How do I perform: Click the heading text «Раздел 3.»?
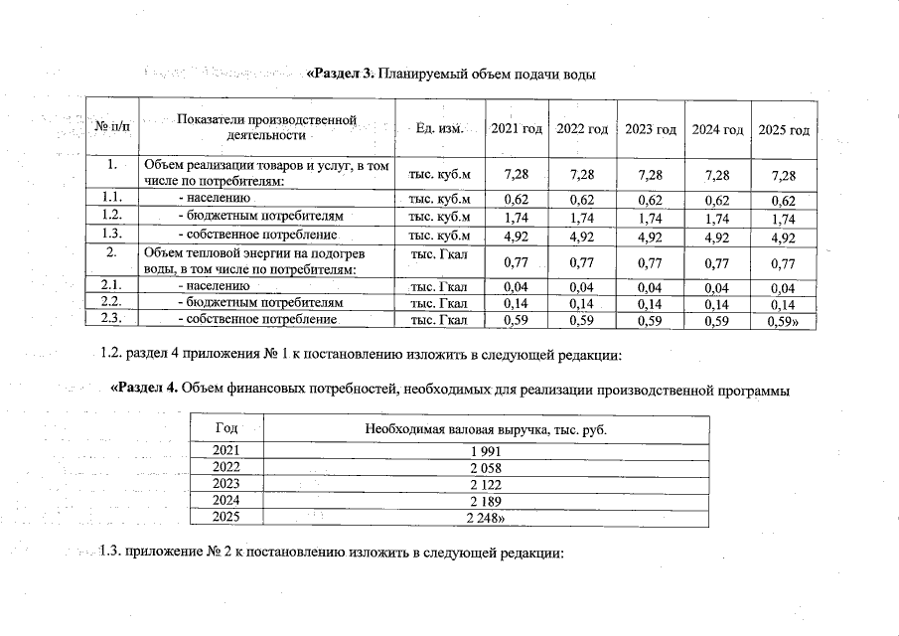[339, 75]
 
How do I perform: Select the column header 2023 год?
[651, 129]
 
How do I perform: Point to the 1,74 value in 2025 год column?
[784, 219]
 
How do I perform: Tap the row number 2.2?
[112, 301]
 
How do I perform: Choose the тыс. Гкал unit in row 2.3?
[440, 319]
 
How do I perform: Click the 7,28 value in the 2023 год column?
[651, 176]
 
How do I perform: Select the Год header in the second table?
[226, 428]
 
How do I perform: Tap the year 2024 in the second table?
[226, 501]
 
